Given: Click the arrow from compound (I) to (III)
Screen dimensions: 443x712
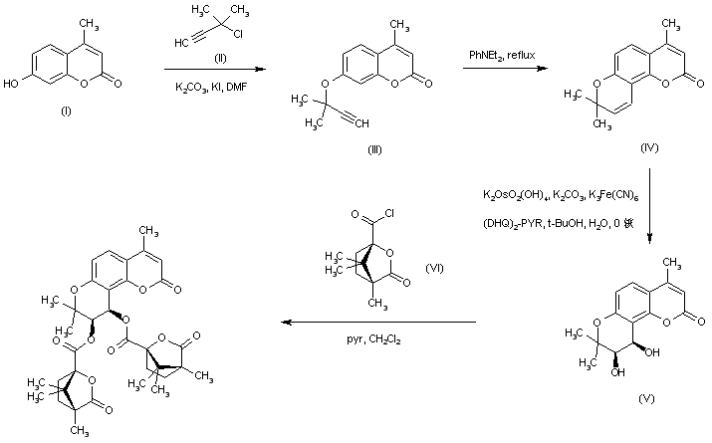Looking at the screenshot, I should pos(214,69).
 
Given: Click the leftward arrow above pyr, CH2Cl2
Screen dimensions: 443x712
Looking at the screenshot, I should pos(378,324).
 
